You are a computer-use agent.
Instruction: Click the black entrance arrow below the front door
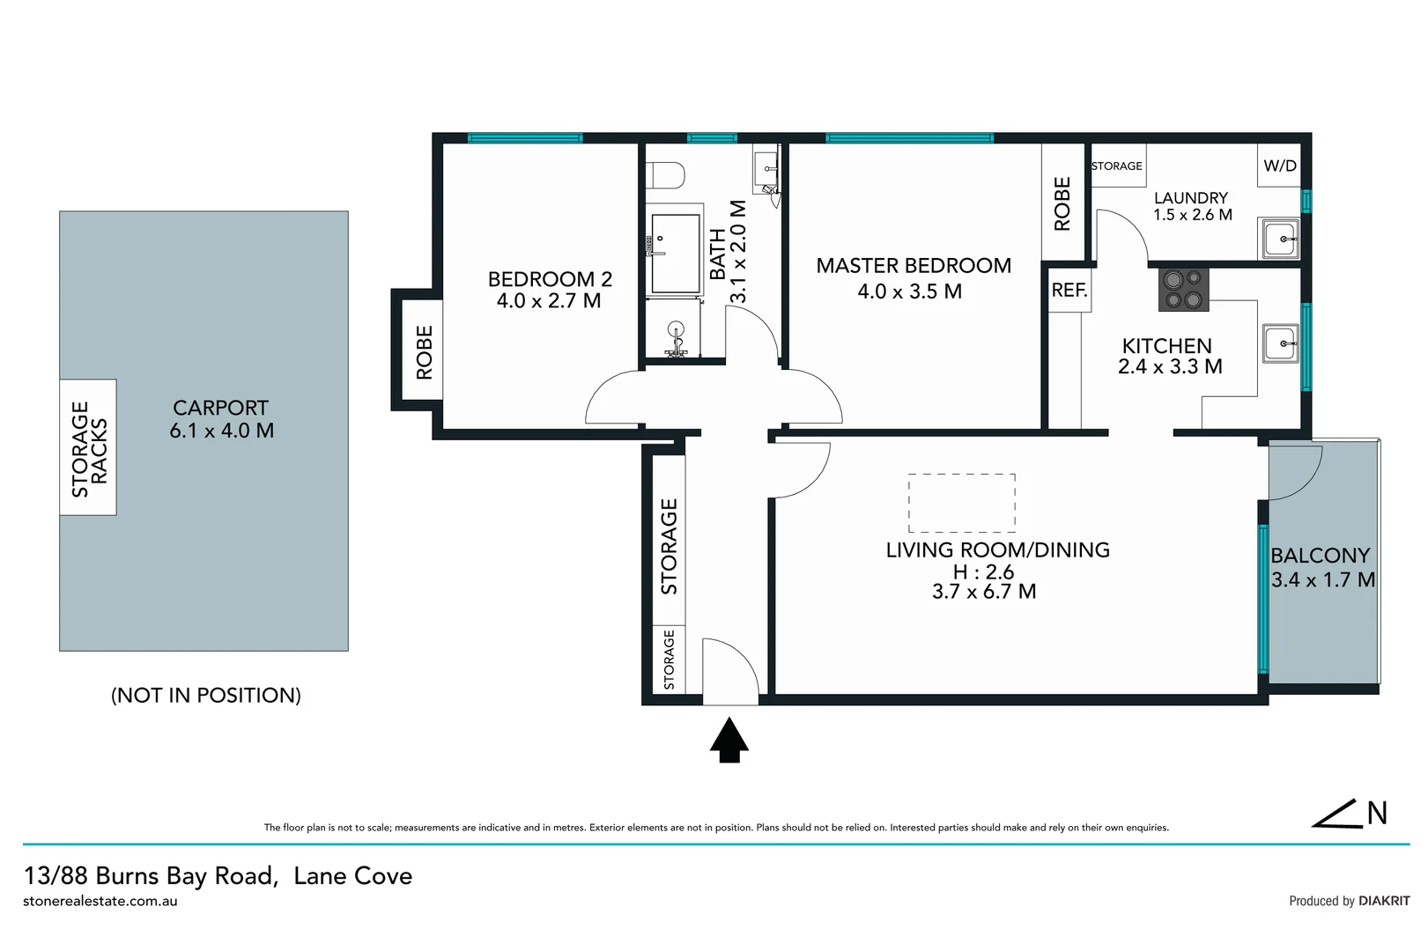(x=729, y=741)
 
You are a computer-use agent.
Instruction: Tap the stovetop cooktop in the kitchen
(x=1183, y=290)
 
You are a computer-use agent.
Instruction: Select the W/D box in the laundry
(x=1279, y=166)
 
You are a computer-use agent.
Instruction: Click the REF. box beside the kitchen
(x=1069, y=291)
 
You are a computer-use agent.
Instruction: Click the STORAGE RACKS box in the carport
(x=88, y=448)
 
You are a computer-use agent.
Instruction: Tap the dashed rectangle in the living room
(x=961, y=503)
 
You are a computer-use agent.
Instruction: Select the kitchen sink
(x=1279, y=343)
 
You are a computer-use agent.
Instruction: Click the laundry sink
(x=1279, y=239)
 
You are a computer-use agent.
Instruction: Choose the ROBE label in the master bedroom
(x=1062, y=204)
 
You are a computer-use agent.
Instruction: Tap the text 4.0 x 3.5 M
(x=909, y=291)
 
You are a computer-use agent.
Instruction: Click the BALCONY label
(x=1320, y=556)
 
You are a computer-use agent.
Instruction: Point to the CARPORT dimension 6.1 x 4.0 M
(x=221, y=431)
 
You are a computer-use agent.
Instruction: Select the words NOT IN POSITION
(x=206, y=696)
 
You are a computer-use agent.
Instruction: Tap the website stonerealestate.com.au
(x=100, y=901)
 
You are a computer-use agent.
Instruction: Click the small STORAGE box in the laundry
(x=1117, y=166)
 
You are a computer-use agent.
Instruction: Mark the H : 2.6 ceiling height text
(x=983, y=572)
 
